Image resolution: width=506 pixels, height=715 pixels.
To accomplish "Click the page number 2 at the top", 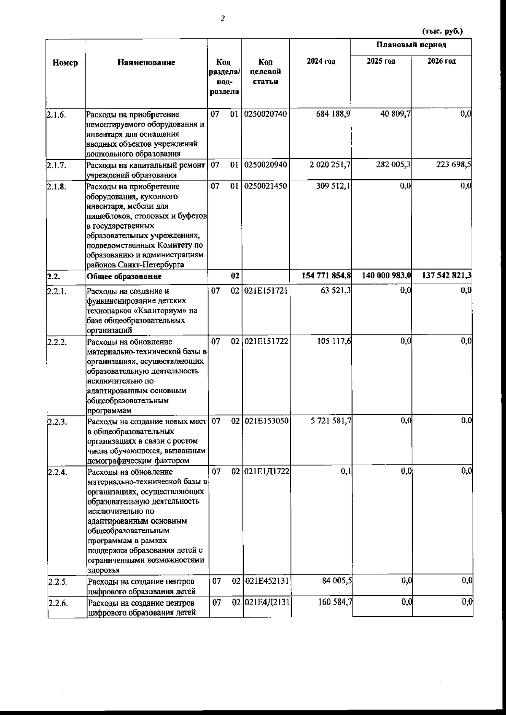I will click(x=223, y=19).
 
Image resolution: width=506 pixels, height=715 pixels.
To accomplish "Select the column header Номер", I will click(x=65, y=63).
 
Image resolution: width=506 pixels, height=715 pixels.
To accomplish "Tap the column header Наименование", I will click(x=146, y=63).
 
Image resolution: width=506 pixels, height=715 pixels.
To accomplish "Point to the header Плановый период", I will click(x=411, y=45).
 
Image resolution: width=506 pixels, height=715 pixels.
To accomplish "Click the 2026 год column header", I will click(x=441, y=61).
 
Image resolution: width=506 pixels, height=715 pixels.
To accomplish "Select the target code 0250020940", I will click(x=266, y=165).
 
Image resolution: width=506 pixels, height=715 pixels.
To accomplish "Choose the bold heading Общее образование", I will click(x=124, y=277).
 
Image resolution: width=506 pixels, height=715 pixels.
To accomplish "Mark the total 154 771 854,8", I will click(x=326, y=276).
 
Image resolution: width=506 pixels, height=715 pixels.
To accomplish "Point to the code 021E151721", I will click(x=266, y=291).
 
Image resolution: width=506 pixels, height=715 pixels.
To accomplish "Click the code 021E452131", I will click(x=266, y=581).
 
